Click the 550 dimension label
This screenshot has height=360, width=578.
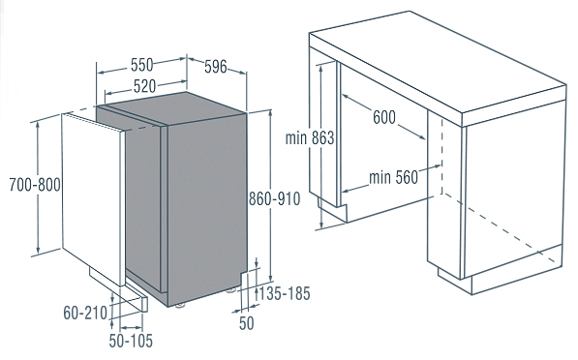(x=142, y=65)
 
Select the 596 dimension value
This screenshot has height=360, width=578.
(x=216, y=67)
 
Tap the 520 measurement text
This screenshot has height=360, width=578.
(x=144, y=86)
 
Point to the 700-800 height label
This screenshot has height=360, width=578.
(x=35, y=184)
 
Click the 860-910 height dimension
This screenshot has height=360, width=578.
(x=275, y=199)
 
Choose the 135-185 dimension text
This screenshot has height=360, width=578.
(x=285, y=293)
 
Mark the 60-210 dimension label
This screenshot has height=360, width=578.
(x=85, y=313)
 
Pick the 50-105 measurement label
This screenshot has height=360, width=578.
(x=131, y=341)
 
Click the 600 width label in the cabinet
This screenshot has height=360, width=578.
(x=384, y=117)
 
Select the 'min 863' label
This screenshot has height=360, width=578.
(x=310, y=138)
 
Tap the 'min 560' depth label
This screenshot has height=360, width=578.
(x=394, y=177)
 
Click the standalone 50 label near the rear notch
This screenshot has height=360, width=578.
(x=247, y=323)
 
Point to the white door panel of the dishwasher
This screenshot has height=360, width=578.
(x=92, y=199)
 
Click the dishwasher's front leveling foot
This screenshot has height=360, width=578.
(x=180, y=305)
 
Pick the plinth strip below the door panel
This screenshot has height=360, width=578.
(x=118, y=289)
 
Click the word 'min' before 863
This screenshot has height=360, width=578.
(x=296, y=138)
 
